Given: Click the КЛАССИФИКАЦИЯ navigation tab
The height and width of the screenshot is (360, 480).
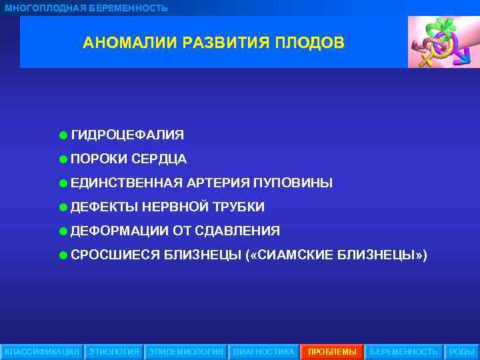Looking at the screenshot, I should coord(41,351).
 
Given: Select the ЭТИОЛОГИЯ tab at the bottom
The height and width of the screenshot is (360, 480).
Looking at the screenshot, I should coord(114,351).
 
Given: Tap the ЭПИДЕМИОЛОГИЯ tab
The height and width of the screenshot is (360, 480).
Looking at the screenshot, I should coord(186,351).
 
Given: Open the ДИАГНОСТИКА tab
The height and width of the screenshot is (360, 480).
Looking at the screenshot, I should coord(263,351).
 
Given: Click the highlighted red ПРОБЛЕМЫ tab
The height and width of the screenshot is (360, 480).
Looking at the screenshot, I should coord(332,351).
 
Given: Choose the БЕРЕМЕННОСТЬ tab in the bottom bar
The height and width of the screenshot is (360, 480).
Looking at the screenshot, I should coord(403,351).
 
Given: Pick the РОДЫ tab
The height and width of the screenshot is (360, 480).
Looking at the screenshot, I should coord(461,351).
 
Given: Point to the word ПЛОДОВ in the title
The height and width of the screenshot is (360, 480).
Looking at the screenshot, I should coord(312,43).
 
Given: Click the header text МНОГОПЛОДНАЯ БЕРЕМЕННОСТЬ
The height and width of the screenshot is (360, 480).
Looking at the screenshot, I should coord(87,8).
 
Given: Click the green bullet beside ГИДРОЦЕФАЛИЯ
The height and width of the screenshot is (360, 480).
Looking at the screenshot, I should coord(62,135).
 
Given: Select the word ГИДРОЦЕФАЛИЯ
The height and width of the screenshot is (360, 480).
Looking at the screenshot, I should coord(127,135).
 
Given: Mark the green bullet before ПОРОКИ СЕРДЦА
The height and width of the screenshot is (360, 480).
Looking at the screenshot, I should coord(62,159).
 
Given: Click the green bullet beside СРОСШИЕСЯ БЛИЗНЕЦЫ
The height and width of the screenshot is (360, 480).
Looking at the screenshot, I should coord(62,255).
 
